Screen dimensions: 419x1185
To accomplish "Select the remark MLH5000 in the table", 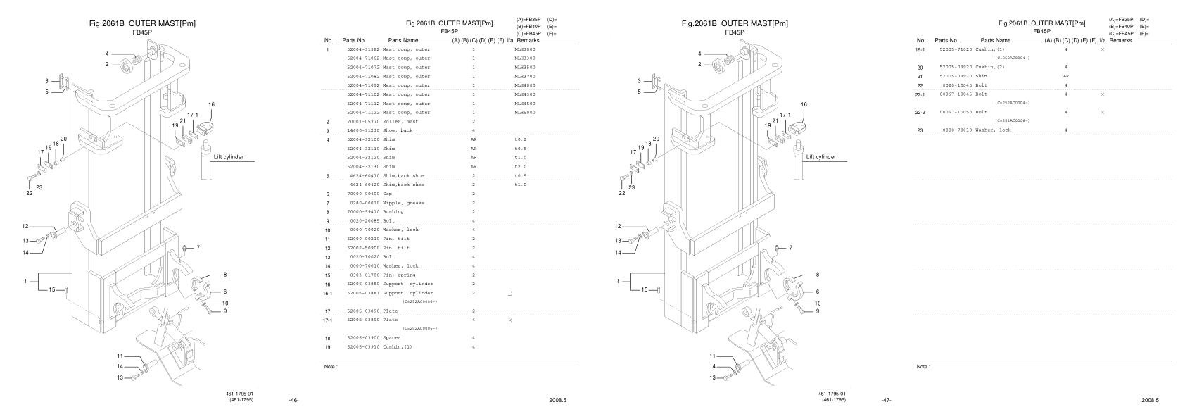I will pyautogui.click(x=524, y=113).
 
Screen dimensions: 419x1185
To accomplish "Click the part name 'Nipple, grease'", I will pyautogui.click(x=403, y=203).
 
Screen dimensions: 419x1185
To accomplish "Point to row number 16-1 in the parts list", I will pyautogui.click(x=328, y=293).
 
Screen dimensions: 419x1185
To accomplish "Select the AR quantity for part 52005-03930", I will pyautogui.click(x=1065, y=76).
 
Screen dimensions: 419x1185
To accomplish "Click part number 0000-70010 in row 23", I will pyautogui.click(x=957, y=130).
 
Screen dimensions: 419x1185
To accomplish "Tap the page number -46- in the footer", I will pyautogui.click(x=294, y=401).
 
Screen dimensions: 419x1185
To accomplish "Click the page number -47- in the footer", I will pyautogui.click(x=887, y=401).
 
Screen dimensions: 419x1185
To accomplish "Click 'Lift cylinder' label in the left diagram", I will pyautogui.click(x=229, y=157).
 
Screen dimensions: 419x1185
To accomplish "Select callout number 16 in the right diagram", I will pyautogui.click(x=804, y=104).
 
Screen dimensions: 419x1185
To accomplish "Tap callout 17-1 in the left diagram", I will pyautogui.click(x=193, y=114).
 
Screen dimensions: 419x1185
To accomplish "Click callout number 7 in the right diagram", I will pyautogui.click(x=790, y=248).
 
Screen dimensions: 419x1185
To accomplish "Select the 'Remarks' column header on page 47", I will pyautogui.click(x=1120, y=41).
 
